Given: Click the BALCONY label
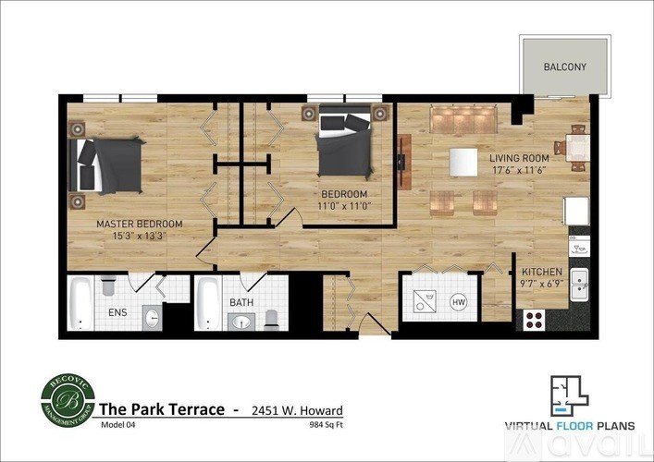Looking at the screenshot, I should coord(564,67).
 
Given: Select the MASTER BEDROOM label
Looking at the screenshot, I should coord(139,224).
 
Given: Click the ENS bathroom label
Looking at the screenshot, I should coord(117,313).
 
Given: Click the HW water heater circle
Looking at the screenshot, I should coord(458,302).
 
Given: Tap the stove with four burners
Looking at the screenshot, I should coord(535,320).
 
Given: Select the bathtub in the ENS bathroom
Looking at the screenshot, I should coord(80,303).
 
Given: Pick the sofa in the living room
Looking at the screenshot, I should coord(463,119).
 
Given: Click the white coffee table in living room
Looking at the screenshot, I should coord(463,161).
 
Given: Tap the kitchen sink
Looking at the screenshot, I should coord(579,285).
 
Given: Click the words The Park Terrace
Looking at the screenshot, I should coord(163,408).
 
